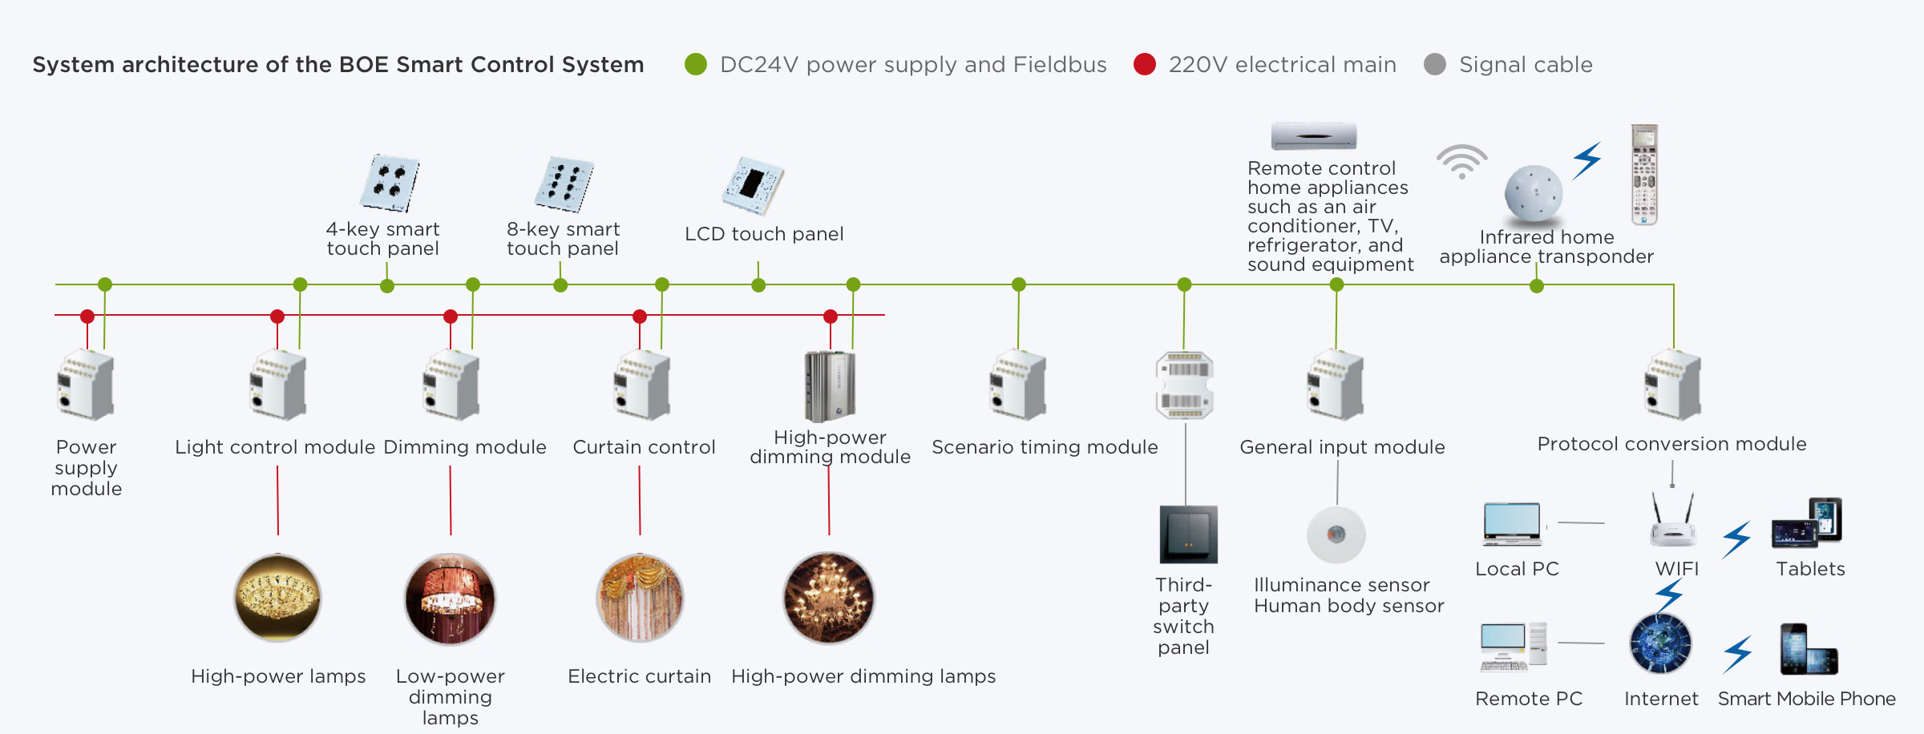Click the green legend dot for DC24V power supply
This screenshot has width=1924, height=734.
(x=696, y=64)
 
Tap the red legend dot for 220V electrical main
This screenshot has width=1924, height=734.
(x=1145, y=64)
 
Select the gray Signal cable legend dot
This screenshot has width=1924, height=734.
(x=1435, y=64)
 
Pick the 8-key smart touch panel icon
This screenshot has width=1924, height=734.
(x=564, y=184)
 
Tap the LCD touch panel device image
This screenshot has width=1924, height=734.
(x=753, y=185)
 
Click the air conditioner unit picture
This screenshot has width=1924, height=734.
(x=1313, y=136)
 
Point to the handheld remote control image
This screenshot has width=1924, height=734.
(x=1644, y=174)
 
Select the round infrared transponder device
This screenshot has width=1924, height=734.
(x=1533, y=193)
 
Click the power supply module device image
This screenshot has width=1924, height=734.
(x=86, y=385)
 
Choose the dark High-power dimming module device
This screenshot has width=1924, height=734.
(x=830, y=386)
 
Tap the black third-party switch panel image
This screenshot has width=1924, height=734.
(x=1188, y=534)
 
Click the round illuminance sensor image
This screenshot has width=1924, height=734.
(x=1336, y=534)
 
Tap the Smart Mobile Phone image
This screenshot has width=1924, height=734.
(x=1808, y=649)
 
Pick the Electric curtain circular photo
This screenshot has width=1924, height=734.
(x=640, y=598)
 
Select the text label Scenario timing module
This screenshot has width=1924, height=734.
(x=1045, y=447)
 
